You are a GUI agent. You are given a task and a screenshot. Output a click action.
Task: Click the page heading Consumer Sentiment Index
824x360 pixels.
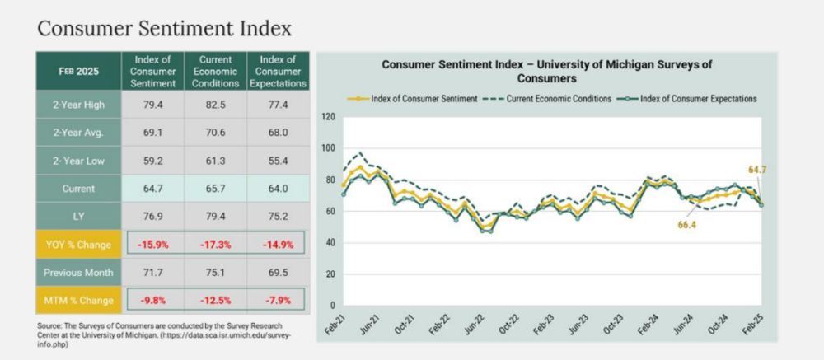[164, 29]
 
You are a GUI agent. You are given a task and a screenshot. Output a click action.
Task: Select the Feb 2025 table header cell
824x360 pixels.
[78, 72]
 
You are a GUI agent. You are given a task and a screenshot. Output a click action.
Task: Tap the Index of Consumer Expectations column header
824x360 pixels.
[278, 72]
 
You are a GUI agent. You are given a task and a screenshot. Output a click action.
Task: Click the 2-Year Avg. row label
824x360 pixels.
[78, 132]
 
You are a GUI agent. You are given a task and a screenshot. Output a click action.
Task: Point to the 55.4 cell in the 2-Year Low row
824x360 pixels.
[278, 160]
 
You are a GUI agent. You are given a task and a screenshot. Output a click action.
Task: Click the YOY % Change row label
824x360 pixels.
[78, 245]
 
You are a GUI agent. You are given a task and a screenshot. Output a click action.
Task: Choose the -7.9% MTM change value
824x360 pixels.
[278, 300]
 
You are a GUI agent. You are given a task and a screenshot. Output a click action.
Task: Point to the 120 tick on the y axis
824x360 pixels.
[327, 117]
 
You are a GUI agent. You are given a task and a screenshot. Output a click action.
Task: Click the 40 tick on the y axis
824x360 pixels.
[330, 242]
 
